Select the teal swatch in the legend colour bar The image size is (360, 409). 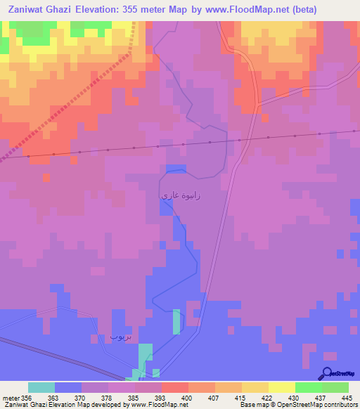click(x=41, y=387)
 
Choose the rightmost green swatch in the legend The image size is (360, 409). click(x=335, y=387)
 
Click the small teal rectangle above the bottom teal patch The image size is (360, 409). click(x=176, y=321)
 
